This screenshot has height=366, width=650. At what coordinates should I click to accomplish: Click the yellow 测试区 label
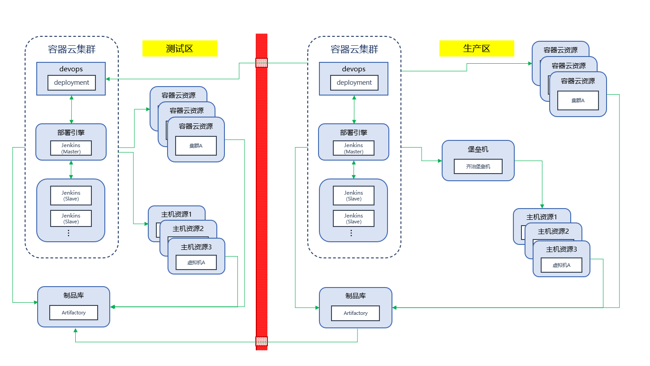[180, 48]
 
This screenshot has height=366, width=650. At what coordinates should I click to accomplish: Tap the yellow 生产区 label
[477, 48]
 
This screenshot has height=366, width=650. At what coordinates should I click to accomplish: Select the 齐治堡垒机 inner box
[478, 166]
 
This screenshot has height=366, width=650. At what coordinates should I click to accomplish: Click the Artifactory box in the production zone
[356, 313]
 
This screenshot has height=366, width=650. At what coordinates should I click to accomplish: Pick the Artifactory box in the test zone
[74, 313]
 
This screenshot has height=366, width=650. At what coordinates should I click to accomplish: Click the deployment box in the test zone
[72, 83]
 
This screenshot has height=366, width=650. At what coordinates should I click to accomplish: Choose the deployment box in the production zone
[354, 83]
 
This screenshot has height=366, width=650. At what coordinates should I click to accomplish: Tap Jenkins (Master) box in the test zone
[71, 148]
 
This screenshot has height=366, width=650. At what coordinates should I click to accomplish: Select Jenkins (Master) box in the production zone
[353, 148]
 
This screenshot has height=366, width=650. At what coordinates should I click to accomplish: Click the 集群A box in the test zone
[196, 146]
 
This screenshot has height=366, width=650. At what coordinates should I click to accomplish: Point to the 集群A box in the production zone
[578, 100]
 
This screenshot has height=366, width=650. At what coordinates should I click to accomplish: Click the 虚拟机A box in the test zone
[196, 262]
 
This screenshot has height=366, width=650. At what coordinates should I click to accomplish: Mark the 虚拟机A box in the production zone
[561, 265]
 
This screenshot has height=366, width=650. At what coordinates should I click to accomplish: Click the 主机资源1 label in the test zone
[176, 214]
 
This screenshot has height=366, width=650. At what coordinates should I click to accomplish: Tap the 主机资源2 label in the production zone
[553, 231]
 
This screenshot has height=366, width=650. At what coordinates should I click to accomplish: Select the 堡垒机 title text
[478, 149]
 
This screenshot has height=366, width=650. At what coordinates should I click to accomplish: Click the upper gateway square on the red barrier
[262, 63]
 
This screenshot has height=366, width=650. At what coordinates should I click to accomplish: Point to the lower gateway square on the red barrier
[262, 342]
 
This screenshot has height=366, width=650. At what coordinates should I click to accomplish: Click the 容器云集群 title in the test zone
[72, 49]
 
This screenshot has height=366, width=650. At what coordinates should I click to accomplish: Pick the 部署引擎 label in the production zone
[353, 133]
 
